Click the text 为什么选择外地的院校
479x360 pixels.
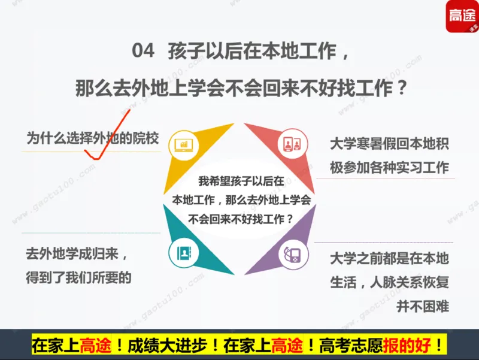point(92,139)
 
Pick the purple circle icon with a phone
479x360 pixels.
point(291,254)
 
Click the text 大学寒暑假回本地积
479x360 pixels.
point(389,144)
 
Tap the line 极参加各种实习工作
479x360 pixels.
point(389,167)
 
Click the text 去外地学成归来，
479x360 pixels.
point(77,254)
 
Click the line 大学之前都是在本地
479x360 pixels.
point(389,259)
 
